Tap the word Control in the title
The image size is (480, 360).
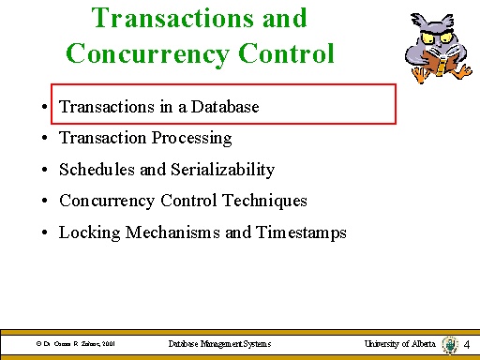(291, 52)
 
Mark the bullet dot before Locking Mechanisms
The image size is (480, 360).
(45, 233)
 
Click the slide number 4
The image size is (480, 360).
(467, 346)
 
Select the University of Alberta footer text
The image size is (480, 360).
(400, 345)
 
